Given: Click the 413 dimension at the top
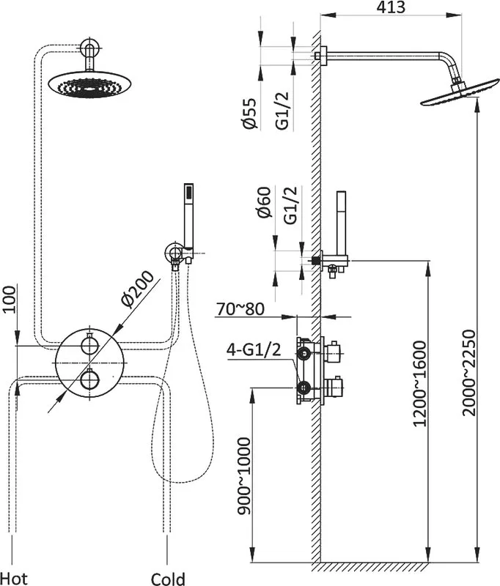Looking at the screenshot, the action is coord(391,7).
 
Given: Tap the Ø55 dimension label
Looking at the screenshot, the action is coord(250,113).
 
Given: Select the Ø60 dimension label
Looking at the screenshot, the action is coord(264,202).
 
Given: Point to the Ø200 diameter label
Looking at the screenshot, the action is coord(137,289).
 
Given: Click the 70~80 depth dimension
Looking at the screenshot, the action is coord(240,309).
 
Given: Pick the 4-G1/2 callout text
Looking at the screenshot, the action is coord(254,350).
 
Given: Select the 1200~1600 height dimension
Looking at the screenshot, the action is coord(419,383).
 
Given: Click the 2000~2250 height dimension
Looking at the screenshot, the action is coord(468,373).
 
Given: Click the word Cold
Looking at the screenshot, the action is coord(168,579).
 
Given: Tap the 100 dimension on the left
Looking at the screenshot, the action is coord(9,300).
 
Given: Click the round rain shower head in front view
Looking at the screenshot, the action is coord(90,85).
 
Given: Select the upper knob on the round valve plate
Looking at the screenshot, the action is coord(89,344).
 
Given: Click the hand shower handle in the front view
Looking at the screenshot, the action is coord(189,215).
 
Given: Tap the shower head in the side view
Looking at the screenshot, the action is coord(460,92).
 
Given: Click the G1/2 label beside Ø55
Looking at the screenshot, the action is coord(282,111).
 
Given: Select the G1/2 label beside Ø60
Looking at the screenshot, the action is coord(290,205).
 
